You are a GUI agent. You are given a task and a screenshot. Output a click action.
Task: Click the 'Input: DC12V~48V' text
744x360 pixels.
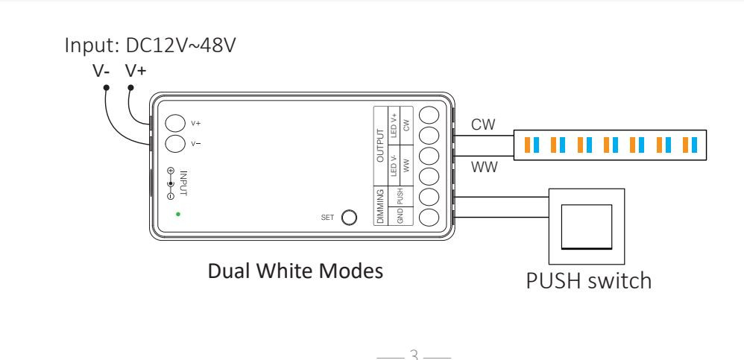click(x=152, y=46)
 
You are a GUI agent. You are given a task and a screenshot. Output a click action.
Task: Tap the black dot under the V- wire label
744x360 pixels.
click(x=106, y=88)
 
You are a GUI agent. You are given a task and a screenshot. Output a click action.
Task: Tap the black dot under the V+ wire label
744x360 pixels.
click(x=131, y=88)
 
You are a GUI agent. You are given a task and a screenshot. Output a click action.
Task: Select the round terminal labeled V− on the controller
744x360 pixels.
click(x=174, y=143)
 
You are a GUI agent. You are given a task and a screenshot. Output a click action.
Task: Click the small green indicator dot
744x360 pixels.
click(x=177, y=214)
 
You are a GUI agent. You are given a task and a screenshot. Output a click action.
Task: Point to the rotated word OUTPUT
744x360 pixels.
click(x=380, y=145)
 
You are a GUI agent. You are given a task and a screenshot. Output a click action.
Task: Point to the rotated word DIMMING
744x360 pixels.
click(x=380, y=206)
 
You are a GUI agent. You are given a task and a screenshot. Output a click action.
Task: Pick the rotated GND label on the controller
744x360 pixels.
click(x=400, y=217)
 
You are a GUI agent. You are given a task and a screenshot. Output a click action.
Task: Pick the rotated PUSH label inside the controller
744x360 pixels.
click(x=400, y=197)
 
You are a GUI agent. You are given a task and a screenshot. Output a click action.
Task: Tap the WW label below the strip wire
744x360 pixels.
click(x=483, y=168)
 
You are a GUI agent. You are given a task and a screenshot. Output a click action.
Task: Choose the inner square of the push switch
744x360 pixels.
click(x=586, y=225)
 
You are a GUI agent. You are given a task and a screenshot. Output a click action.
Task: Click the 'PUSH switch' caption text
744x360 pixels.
click(x=589, y=281)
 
